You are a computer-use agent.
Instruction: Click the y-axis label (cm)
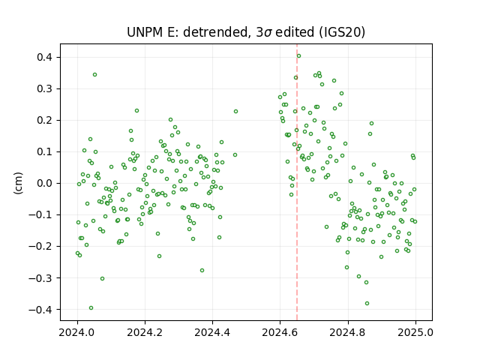tap(18, 183)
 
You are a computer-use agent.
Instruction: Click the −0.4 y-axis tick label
tap(44, 310)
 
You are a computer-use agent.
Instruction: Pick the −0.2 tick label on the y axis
tap(44, 247)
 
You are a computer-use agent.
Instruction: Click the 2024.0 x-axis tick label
tap(77, 332)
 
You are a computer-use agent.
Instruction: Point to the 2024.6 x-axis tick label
tap(280, 332)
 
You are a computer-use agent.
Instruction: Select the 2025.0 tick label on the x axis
tap(415, 332)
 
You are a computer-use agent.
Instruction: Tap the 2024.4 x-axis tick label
tap(212, 332)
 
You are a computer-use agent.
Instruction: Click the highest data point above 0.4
tap(298, 55)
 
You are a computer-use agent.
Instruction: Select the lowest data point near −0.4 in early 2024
tap(91, 308)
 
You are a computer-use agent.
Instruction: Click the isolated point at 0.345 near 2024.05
tap(95, 75)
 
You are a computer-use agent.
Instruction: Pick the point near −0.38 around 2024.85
tap(367, 303)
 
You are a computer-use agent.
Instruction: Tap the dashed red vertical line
tap(297, 182)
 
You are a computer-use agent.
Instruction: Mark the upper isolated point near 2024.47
tap(235, 112)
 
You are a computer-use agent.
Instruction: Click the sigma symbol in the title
tap(268, 33)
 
